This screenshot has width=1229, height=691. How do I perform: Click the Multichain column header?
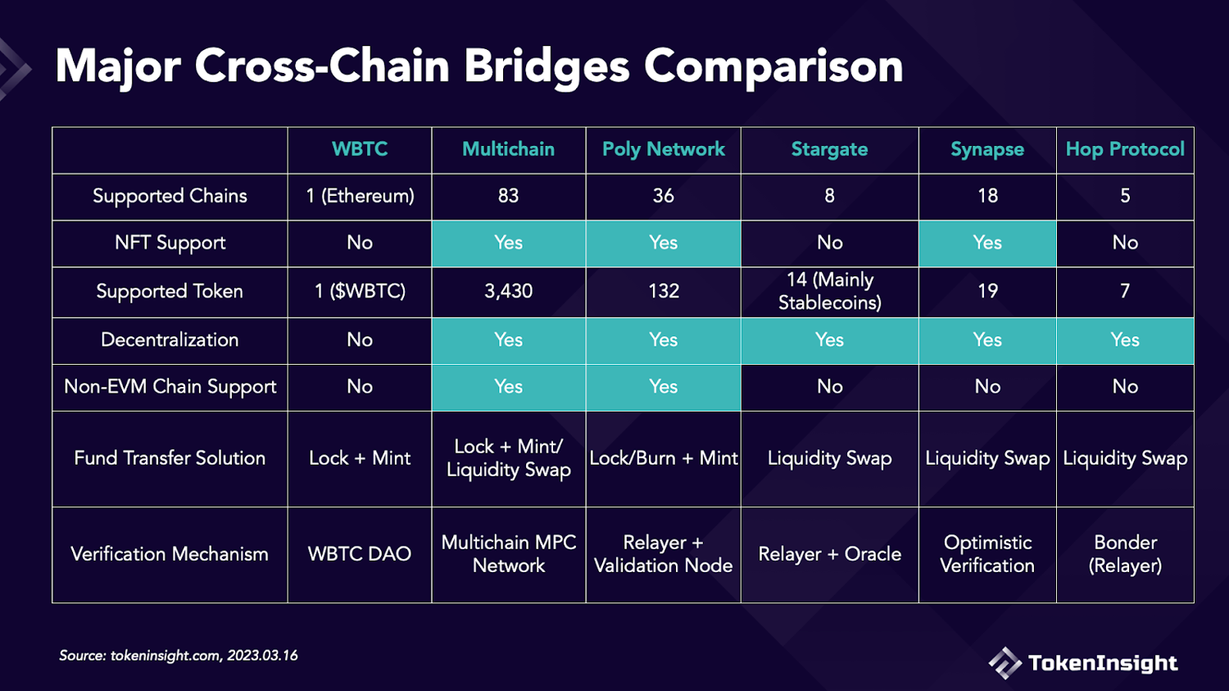tap(508, 149)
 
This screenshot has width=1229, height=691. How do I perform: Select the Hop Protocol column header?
tap(1125, 149)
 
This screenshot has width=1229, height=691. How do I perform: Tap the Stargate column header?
tap(829, 149)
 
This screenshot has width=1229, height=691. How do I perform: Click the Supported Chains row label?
tap(170, 196)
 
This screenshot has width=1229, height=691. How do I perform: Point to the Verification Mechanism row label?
tap(170, 554)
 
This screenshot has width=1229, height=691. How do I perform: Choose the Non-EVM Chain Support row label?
tap(170, 387)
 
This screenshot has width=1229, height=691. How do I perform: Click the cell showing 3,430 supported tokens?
tap(508, 291)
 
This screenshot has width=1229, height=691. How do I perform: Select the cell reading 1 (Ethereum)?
tap(360, 196)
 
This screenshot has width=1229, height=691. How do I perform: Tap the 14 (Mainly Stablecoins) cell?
tap(829, 291)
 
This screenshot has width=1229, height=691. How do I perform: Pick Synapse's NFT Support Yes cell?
tap(987, 243)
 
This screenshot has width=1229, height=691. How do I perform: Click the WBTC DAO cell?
tap(360, 554)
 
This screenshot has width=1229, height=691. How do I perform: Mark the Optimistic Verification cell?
tap(987, 554)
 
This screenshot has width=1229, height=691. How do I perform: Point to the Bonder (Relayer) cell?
tap(1125, 554)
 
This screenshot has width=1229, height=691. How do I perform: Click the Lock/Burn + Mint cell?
tap(664, 458)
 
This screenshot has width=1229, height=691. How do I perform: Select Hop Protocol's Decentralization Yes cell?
tap(1125, 340)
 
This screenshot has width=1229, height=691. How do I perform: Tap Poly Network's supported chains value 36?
tap(664, 196)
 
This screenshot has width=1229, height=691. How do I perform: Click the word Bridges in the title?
tap(546, 66)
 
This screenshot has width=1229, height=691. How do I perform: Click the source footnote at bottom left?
tap(179, 656)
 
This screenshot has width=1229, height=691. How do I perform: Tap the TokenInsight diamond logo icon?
tap(1005, 663)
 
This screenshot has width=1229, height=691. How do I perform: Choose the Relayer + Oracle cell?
tap(829, 554)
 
